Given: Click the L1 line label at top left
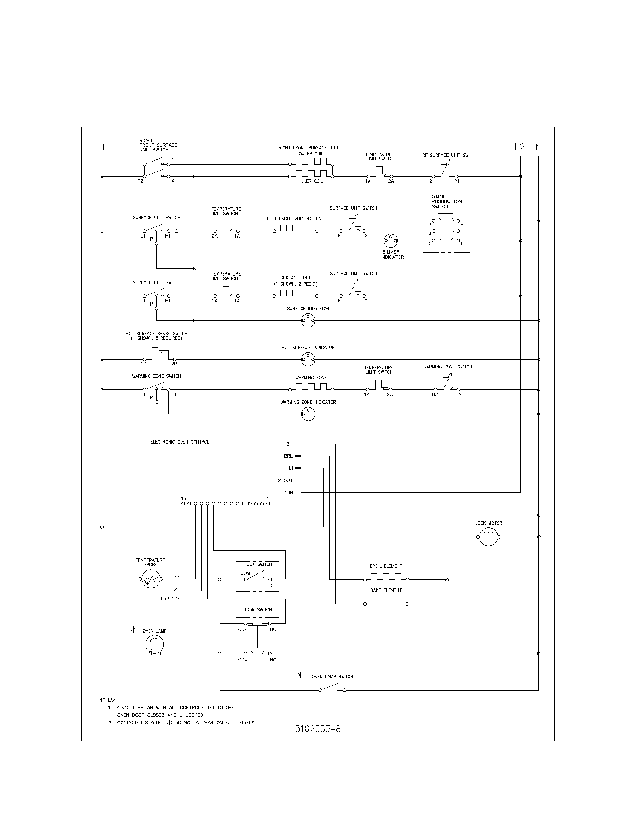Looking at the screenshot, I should coord(100,147).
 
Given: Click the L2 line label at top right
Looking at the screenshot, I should coord(519,147).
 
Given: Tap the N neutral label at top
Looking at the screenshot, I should coord(538,147).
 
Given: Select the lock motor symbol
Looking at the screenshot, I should coord(488,536).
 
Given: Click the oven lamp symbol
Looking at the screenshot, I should coord(155,645).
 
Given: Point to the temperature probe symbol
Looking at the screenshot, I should coord(150,578).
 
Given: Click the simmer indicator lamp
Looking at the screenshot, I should coord(390,241).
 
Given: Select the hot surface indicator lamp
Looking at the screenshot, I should coord(308,359).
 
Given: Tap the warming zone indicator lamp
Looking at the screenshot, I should coord(308,414).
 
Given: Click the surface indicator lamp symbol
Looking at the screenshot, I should coord(308,321).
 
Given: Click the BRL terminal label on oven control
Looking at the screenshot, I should coord(288,456).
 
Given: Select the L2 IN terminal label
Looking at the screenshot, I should coord(286,493).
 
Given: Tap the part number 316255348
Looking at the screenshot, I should coord(318,729).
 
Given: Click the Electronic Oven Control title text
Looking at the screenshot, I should coord(179,442).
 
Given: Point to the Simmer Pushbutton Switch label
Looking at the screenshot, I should coord(446,201).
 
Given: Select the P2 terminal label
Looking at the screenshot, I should coord(140,181).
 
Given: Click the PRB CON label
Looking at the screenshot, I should coord(170,599).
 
